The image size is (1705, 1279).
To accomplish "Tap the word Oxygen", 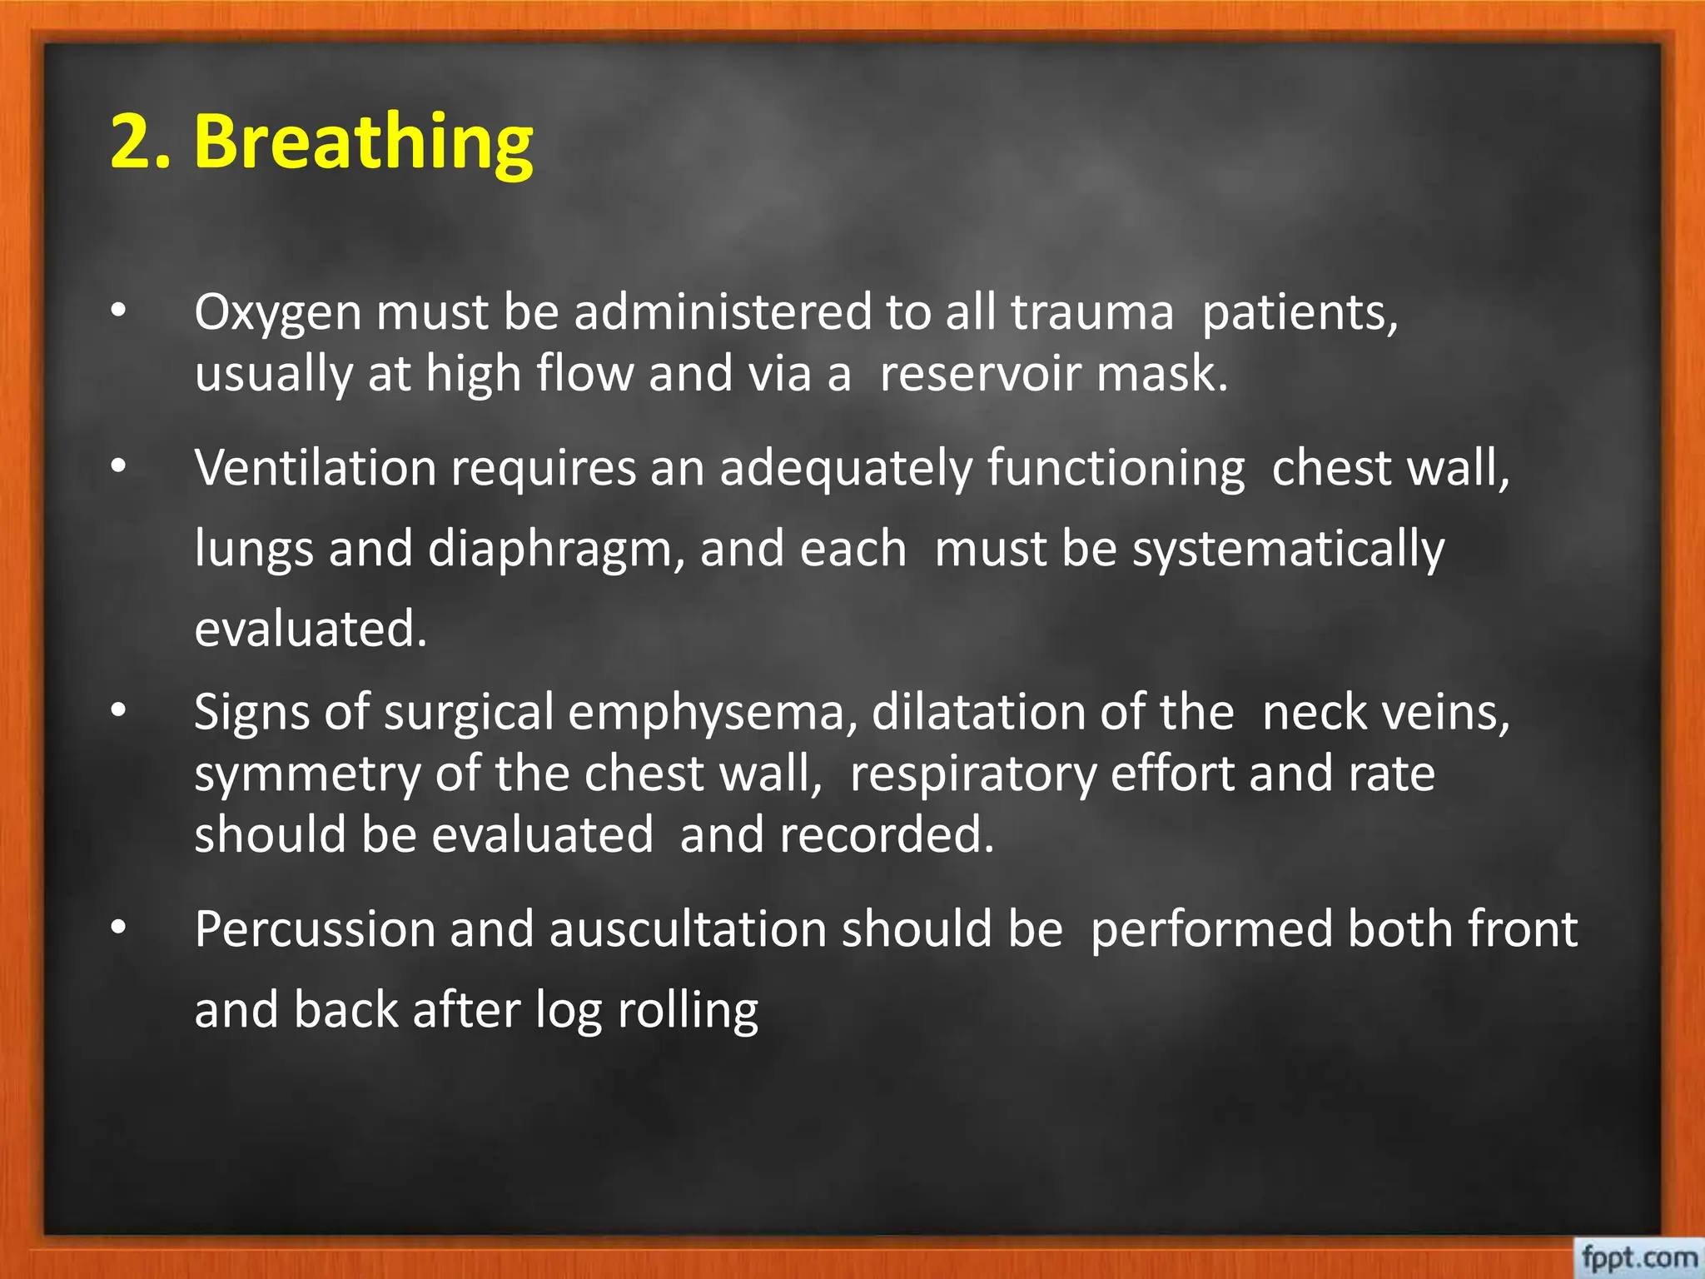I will [278, 313].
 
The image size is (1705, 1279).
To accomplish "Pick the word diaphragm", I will [556, 550].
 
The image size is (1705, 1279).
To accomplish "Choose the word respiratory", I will [973, 775].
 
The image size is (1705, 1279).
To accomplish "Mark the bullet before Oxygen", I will [119, 311].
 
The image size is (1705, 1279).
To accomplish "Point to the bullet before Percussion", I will [119, 927].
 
